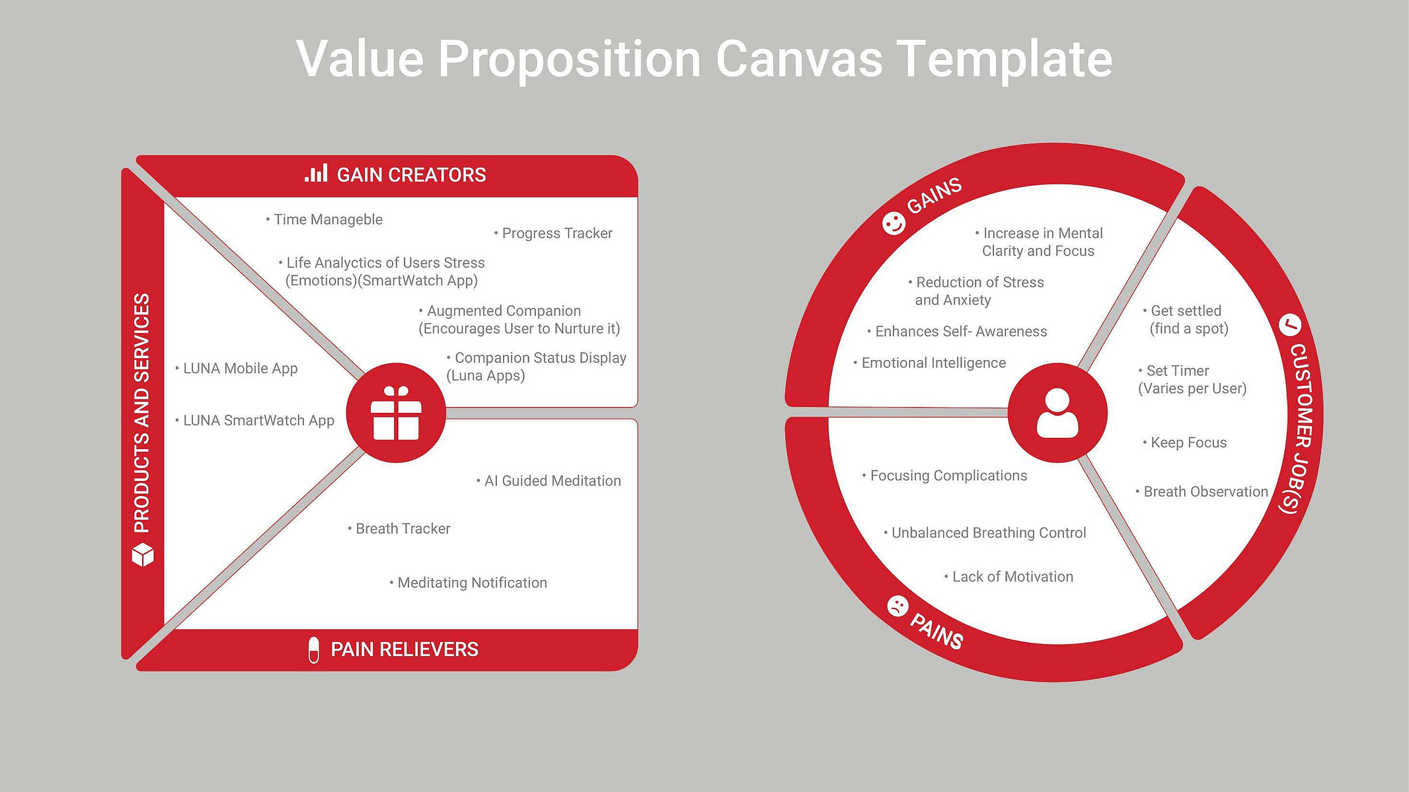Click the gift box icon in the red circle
(396, 413)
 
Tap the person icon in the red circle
(1057, 413)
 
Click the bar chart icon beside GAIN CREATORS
(316, 174)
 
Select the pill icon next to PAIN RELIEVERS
(314, 650)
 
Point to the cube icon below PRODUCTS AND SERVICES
(143, 555)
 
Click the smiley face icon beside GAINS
(894, 224)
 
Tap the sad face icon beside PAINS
(897, 606)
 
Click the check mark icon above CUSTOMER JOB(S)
(1290, 324)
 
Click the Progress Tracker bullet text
(553, 233)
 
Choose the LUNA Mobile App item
(237, 369)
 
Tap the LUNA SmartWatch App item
(255, 421)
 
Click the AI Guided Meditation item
(549, 481)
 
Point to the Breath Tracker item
(399, 528)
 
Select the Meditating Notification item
(469, 583)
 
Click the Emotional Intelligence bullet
(930, 363)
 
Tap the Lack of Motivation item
(1009, 577)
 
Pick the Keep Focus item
(1185, 443)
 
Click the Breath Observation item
(1202, 491)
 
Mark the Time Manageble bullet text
(324, 219)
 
